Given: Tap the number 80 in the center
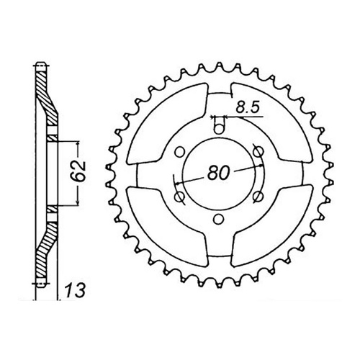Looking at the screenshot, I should (x=219, y=173).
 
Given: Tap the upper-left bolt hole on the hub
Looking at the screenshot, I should (x=177, y=151).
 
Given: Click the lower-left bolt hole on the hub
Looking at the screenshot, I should (x=177, y=197).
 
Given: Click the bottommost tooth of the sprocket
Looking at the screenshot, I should (x=215, y=283).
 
